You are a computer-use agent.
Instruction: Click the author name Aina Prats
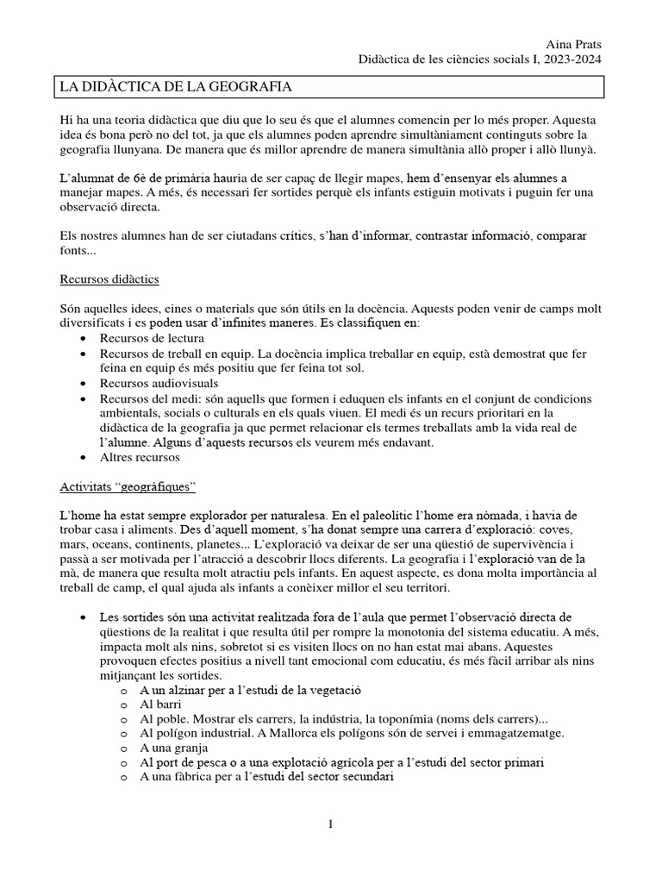pos(575,44)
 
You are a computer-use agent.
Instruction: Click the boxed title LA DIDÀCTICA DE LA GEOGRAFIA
pos(174,87)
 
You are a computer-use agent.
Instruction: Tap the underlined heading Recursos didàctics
pos(109,280)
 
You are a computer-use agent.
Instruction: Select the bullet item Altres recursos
pos(140,456)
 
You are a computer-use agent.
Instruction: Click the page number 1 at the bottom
pos(330,825)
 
